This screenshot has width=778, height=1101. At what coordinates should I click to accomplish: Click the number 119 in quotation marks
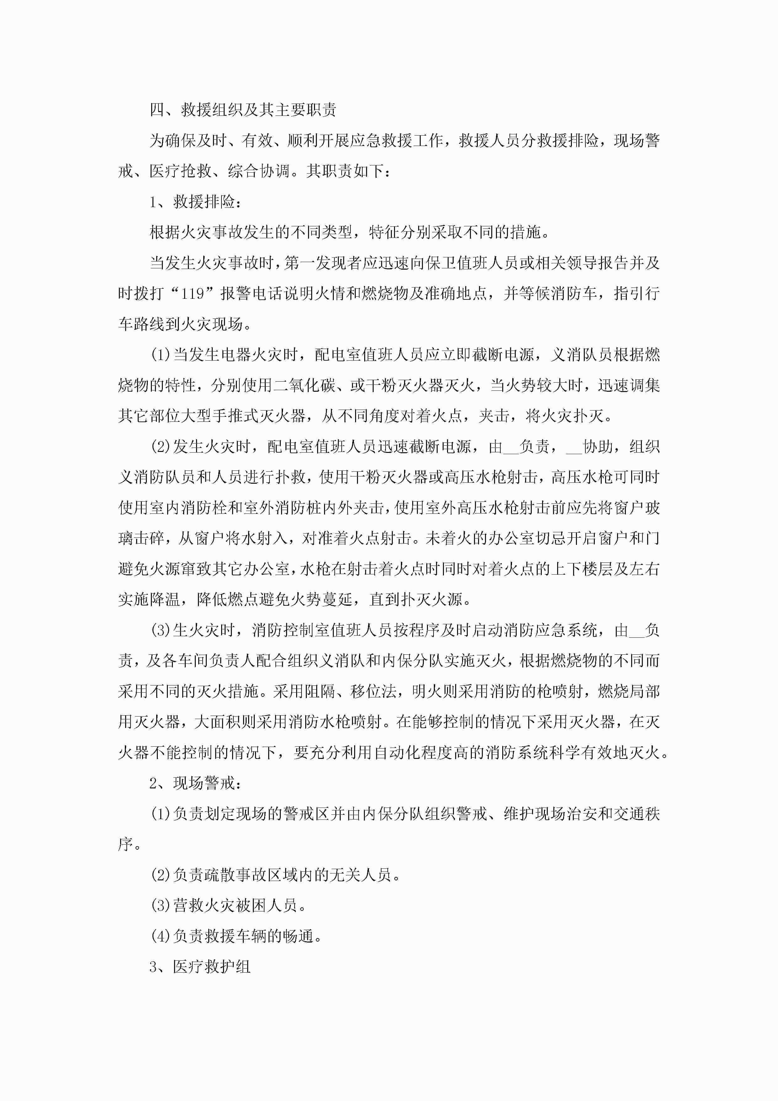point(193,293)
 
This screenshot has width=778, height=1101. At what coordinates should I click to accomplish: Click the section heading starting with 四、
point(243,110)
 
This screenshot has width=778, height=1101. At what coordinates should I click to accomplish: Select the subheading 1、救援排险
point(195,202)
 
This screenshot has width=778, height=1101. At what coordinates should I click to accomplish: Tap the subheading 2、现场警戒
point(195,784)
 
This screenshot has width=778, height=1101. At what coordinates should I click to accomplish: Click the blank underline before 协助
point(574,447)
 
